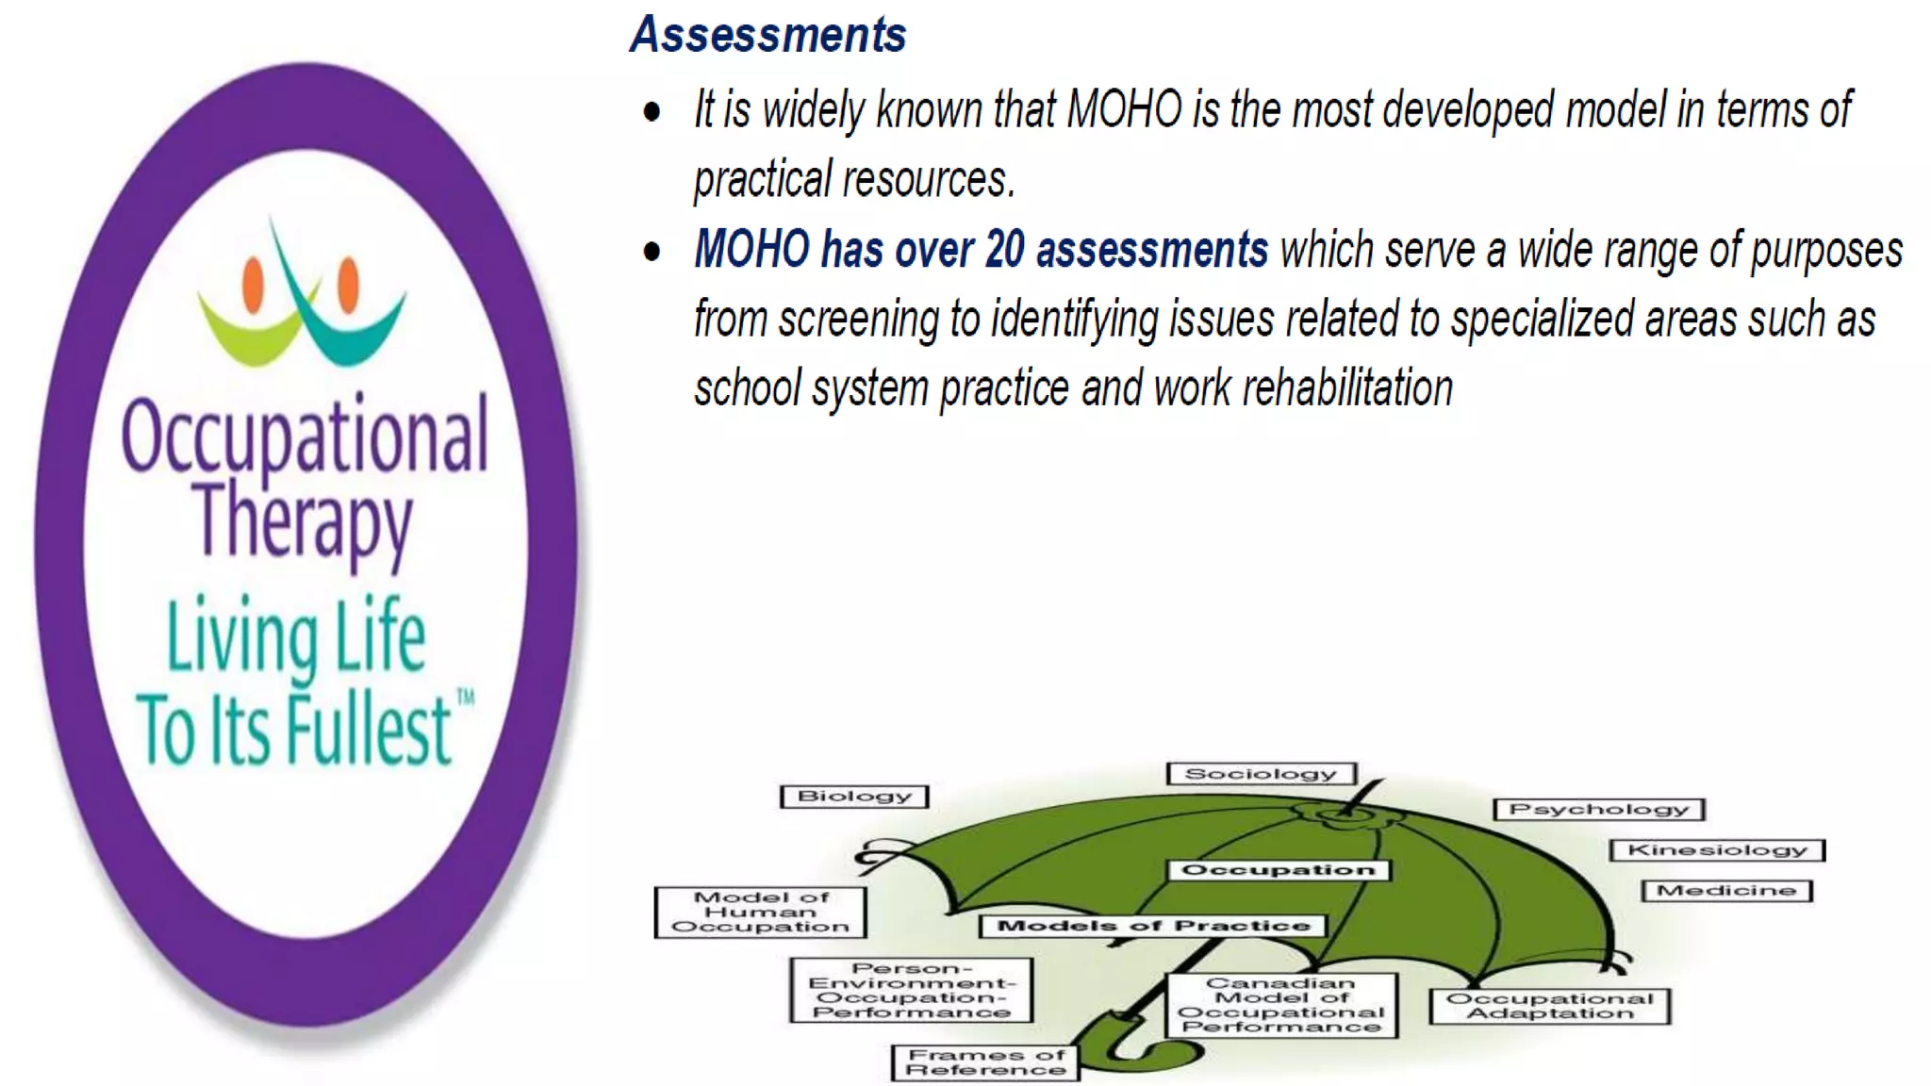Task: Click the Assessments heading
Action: (x=767, y=35)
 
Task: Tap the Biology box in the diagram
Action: (x=854, y=797)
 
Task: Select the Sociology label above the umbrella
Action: (x=1261, y=774)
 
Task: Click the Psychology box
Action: (x=1598, y=810)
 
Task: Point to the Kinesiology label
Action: (x=1717, y=850)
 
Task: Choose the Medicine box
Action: (x=1726, y=891)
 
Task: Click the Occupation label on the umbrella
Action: (x=1278, y=870)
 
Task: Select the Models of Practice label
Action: (x=1153, y=927)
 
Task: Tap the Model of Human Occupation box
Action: (x=760, y=913)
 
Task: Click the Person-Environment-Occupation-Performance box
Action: (x=911, y=991)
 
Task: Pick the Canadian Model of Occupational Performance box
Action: (x=1281, y=1006)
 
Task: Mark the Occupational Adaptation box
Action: (x=1549, y=1006)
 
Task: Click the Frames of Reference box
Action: (x=985, y=1062)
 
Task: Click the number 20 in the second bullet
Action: (x=1004, y=250)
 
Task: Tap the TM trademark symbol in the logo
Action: (x=466, y=698)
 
